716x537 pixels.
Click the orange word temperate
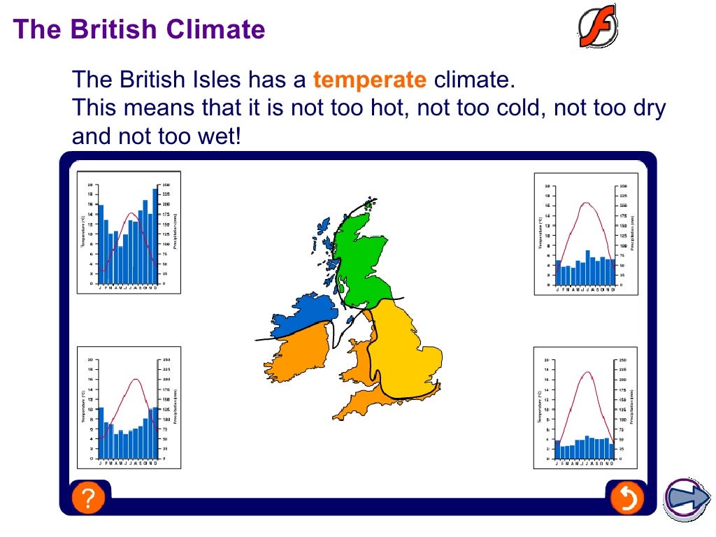[x=369, y=80]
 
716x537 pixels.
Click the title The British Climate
[x=139, y=29]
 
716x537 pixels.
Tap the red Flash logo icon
[x=597, y=26]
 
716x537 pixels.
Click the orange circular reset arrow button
[x=626, y=499]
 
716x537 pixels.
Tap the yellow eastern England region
[x=406, y=350]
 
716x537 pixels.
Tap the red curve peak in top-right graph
[x=587, y=203]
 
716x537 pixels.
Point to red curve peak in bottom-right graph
[x=587, y=372]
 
